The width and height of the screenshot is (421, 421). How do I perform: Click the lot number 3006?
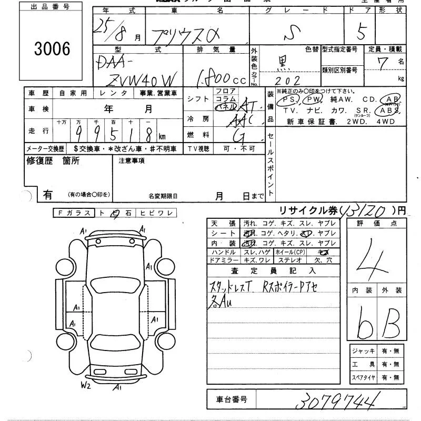52,49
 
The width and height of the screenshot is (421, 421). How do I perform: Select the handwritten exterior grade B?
392,322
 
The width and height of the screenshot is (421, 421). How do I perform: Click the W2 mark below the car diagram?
86,386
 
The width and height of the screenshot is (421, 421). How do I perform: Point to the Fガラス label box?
75,213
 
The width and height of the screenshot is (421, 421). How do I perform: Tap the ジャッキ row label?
362,351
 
